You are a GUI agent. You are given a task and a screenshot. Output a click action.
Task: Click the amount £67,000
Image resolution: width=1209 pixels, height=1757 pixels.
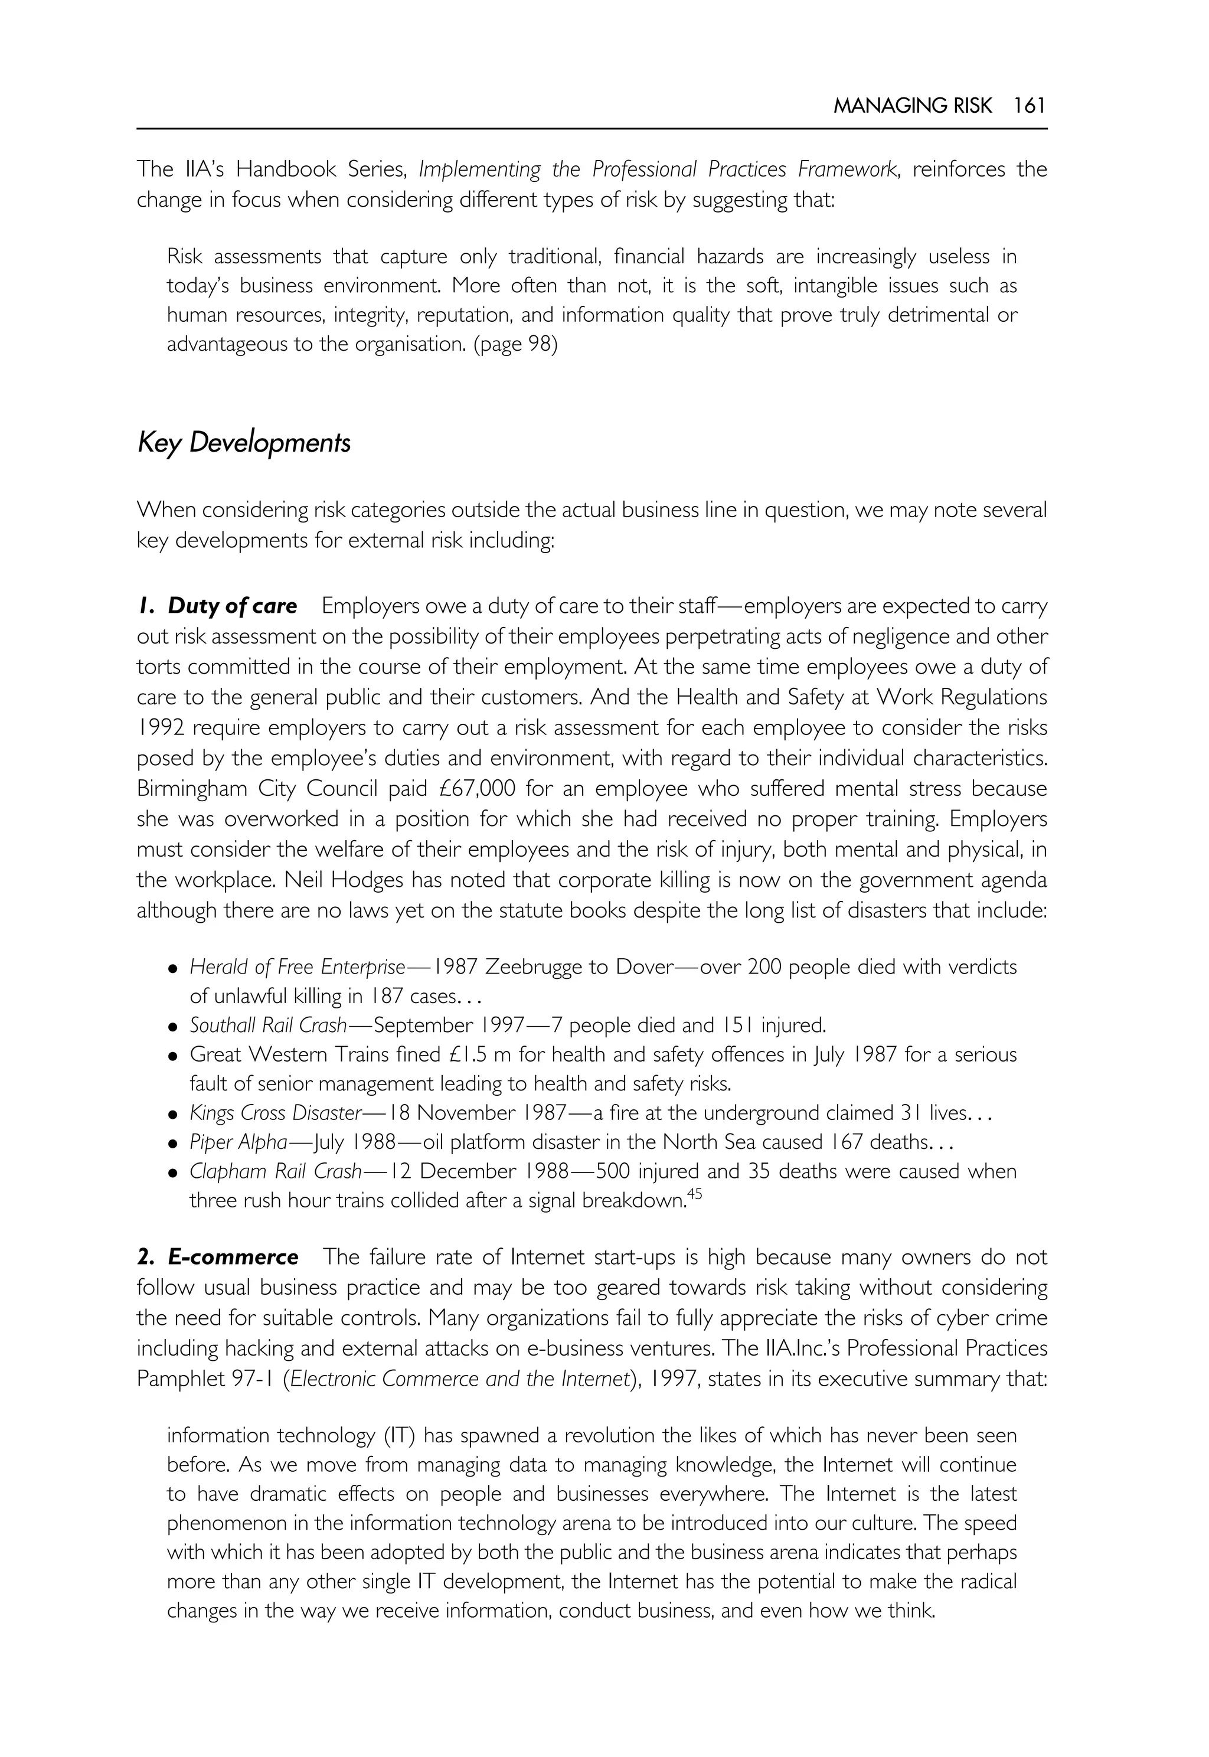(x=477, y=789)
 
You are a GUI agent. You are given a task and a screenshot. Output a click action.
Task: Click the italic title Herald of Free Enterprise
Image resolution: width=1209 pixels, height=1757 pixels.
(x=297, y=967)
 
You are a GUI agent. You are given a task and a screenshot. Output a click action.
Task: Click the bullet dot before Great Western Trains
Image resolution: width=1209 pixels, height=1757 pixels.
(x=174, y=1056)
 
